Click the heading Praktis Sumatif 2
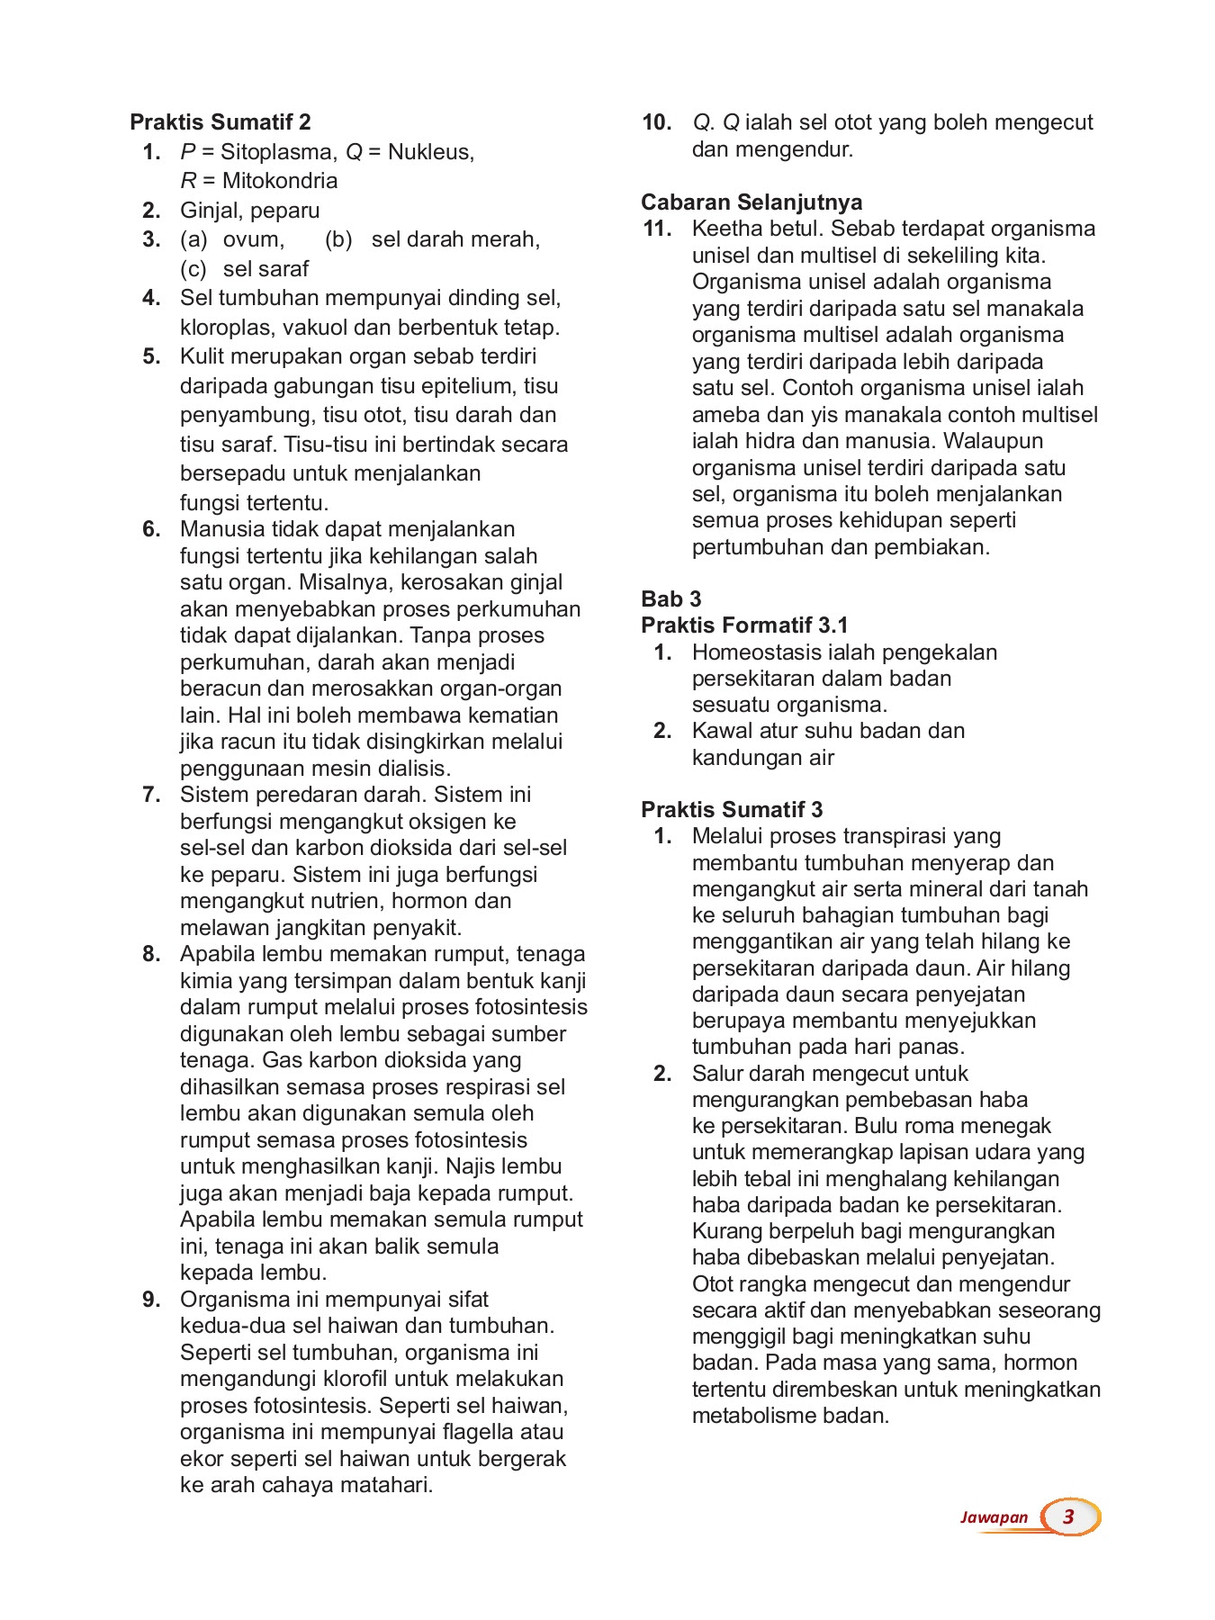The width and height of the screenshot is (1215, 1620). click(220, 122)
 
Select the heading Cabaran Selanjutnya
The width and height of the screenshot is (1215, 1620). click(751, 202)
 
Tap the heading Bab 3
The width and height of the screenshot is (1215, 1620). click(670, 598)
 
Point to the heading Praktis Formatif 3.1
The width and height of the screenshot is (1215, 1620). click(744, 625)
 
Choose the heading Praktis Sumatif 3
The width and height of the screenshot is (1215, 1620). click(732, 809)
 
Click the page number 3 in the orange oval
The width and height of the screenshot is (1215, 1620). click(1069, 1516)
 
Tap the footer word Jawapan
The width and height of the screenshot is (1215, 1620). click(994, 1517)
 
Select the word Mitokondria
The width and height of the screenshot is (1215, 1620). click(280, 181)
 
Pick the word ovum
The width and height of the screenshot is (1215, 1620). click(253, 239)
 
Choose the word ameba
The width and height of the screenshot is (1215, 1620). click(724, 415)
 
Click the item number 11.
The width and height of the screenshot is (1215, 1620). click(657, 229)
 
